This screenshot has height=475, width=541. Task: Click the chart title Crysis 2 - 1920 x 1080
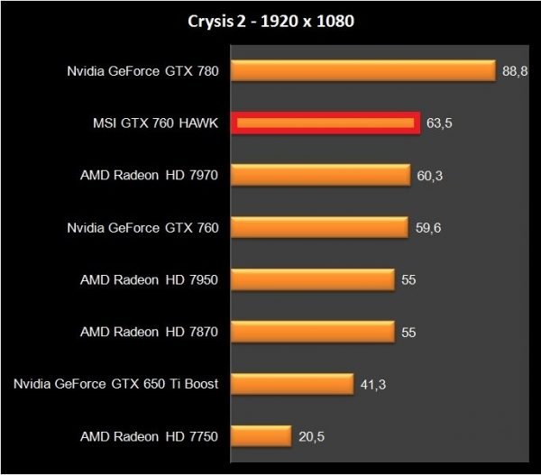click(270, 21)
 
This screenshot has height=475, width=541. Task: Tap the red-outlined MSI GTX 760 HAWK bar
click(326, 123)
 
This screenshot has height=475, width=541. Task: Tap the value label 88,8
click(515, 71)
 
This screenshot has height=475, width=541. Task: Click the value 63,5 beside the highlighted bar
click(439, 123)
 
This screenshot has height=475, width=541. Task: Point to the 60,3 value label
click(430, 176)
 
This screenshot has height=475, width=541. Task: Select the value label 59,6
click(428, 228)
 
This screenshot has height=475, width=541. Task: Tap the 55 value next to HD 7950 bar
click(408, 280)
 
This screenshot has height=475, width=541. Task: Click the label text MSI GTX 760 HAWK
click(151, 123)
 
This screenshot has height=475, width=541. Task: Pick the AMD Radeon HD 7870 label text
click(149, 333)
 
